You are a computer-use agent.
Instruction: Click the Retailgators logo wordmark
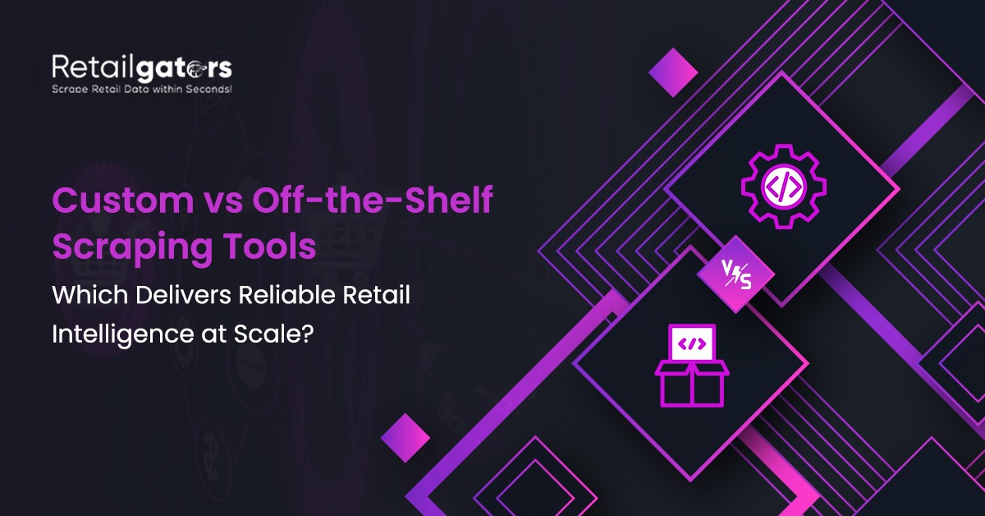(x=141, y=67)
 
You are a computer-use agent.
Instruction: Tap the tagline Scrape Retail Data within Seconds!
(x=141, y=88)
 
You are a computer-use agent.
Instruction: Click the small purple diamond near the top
(x=673, y=72)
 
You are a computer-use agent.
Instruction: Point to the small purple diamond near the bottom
(x=405, y=434)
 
